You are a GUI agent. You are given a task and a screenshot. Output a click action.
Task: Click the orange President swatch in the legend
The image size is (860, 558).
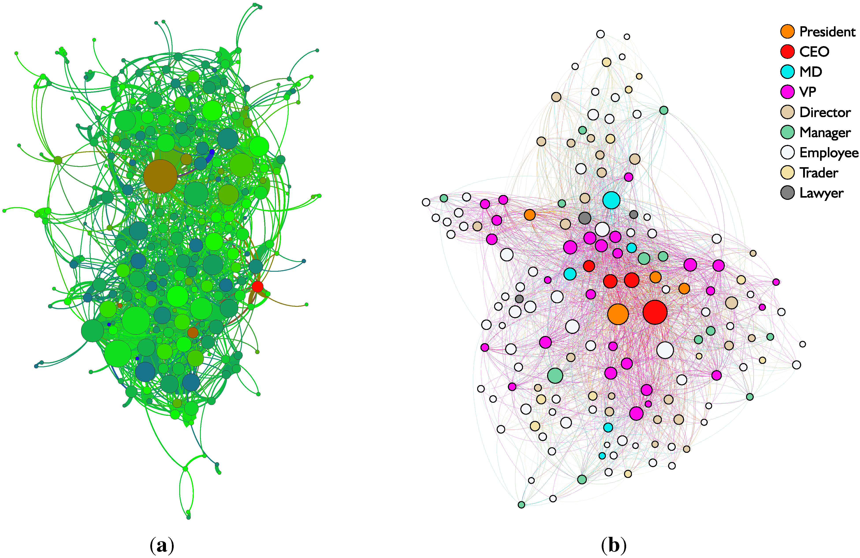(787, 32)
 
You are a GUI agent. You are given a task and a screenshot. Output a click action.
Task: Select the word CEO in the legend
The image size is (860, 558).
(814, 52)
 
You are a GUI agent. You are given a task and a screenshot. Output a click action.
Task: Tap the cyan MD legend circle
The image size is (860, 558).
(787, 72)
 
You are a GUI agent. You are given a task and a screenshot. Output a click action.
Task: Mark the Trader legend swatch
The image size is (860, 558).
(787, 172)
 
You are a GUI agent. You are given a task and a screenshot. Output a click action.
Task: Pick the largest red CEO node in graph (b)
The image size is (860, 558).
(655, 312)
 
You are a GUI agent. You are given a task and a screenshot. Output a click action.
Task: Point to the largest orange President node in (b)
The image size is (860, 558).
(618, 314)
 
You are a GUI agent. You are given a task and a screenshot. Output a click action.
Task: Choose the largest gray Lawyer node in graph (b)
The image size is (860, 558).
(585, 218)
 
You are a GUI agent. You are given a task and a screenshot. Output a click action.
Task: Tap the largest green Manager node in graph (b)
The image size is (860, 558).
(555, 375)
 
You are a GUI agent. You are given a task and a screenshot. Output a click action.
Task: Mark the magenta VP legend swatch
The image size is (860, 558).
(787, 92)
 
